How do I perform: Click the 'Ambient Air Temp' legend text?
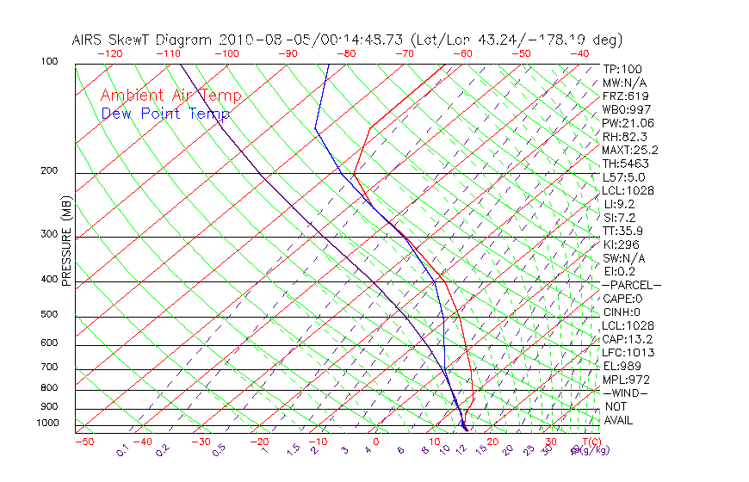point(170,96)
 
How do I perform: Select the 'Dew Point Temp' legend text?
point(165,114)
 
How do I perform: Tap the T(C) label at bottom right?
point(589,442)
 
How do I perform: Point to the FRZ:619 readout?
point(626,96)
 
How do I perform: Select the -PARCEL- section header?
point(632,285)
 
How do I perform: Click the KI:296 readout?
point(623,244)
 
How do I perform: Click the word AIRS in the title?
point(90,40)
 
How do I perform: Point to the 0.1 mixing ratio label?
point(122,450)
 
